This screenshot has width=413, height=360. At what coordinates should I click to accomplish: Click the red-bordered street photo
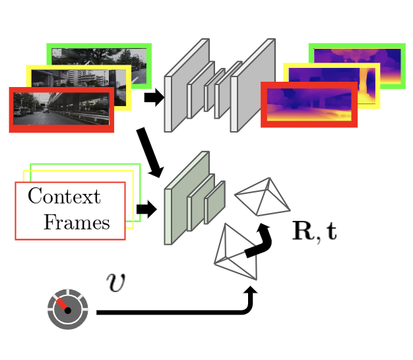tap(61, 109)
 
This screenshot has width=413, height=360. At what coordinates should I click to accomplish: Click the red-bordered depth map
tap(309, 104)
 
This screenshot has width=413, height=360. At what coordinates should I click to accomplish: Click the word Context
tap(64, 196)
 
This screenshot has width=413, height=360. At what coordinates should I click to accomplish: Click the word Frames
tap(77, 222)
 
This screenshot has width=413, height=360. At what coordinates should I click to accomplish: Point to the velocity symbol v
tap(116, 283)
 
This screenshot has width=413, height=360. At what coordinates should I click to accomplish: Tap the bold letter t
tap(330, 232)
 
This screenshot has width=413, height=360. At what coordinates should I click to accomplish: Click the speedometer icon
tap(67, 309)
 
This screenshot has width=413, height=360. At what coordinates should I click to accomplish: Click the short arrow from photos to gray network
tap(154, 98)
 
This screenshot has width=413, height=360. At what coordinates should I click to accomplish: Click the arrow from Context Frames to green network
tap(146, 210)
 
